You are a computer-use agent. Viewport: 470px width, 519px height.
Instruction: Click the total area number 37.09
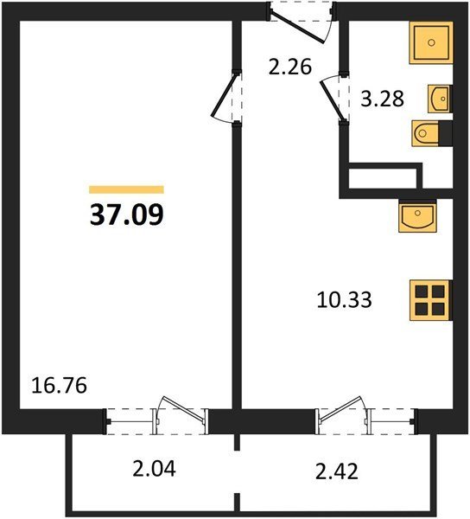(x=127, y=215)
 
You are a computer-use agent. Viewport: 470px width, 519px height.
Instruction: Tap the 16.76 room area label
(x=59, y=386)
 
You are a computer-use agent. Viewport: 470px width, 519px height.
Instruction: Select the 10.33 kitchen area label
(x=344, y=300)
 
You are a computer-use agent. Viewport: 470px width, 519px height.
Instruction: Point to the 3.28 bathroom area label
(x=382, y=99)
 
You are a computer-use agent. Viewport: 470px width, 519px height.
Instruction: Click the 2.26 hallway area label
(x=290, y=67)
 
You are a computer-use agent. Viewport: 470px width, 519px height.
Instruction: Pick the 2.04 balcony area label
(x=154, y=469)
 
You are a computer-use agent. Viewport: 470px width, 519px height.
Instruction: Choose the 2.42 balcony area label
(x=337, y=472)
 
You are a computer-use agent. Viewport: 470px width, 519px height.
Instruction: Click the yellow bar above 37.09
(x=127, y=189)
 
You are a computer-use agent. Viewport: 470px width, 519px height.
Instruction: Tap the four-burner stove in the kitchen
(x=431, y=300)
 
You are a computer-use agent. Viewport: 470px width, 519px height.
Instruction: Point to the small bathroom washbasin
(x=440, y=99)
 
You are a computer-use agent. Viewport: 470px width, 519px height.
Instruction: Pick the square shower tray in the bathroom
(x=431, y=42)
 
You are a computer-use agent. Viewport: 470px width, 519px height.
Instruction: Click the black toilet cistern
(x=445, y=133)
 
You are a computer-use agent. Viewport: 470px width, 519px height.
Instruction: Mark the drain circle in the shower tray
(x=431, y=42)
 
